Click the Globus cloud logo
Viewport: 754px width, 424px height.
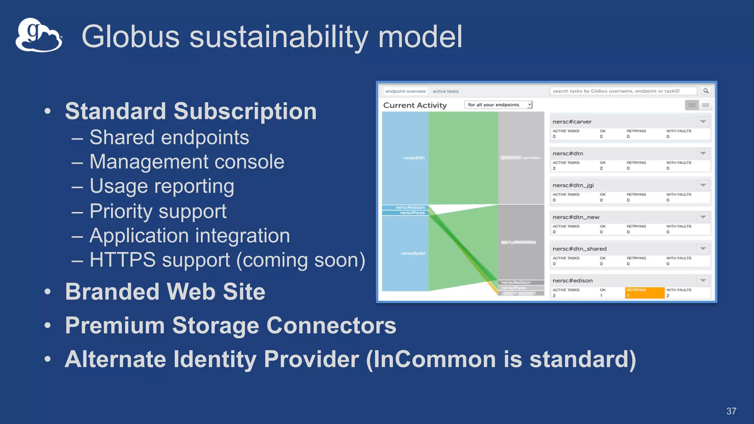point(38,35)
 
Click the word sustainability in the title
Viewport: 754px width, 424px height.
point(278,37)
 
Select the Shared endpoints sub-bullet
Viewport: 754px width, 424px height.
point(169,138)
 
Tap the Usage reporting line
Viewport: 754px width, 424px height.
point(162,186)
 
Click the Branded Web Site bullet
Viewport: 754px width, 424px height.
point(165,292)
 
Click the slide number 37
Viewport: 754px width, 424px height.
point(731,411)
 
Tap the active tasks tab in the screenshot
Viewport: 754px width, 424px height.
point(445,91)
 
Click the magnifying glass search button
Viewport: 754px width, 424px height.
point(706,91)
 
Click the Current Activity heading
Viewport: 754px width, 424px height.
point(415,105)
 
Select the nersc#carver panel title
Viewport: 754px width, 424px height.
point(572,122)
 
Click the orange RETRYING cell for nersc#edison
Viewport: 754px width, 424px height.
point(644,293)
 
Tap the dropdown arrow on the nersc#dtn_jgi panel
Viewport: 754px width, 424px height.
point(703,185)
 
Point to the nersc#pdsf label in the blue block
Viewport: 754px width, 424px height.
point(412,253)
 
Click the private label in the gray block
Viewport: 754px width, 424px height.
point(531,158)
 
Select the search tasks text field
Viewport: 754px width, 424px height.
point(623,91)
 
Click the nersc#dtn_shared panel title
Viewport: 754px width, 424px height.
point(579,249)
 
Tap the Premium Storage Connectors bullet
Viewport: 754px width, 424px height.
point(230,326)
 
